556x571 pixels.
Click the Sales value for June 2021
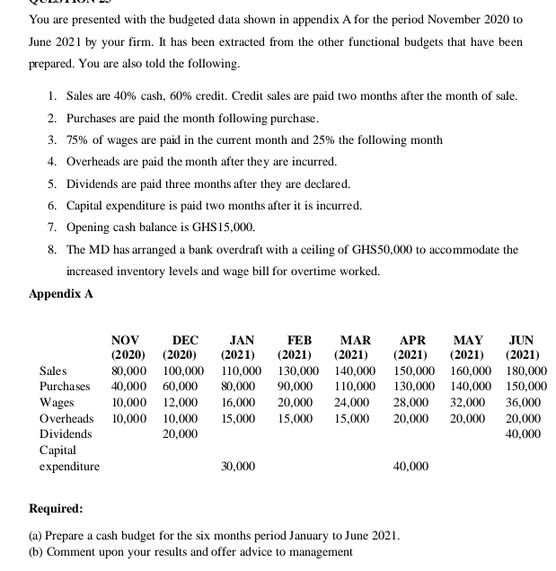pos(526,370)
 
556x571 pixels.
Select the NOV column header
pos(125,340)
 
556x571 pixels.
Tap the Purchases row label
pos(65,386)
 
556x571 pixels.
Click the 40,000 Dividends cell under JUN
pos(524,434)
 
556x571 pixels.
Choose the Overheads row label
pos(66,418)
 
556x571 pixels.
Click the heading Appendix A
pos(60,293)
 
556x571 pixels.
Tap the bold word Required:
pos(57,508)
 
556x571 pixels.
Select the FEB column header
pos(299,340)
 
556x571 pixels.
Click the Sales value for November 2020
pos(129,370)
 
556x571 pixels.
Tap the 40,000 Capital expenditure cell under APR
pos(410,466)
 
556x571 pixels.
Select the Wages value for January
pos(238,402)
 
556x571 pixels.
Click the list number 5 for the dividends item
pos(53,183)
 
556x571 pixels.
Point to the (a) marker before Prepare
pos(38,535)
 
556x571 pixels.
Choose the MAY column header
pos(468,340)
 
